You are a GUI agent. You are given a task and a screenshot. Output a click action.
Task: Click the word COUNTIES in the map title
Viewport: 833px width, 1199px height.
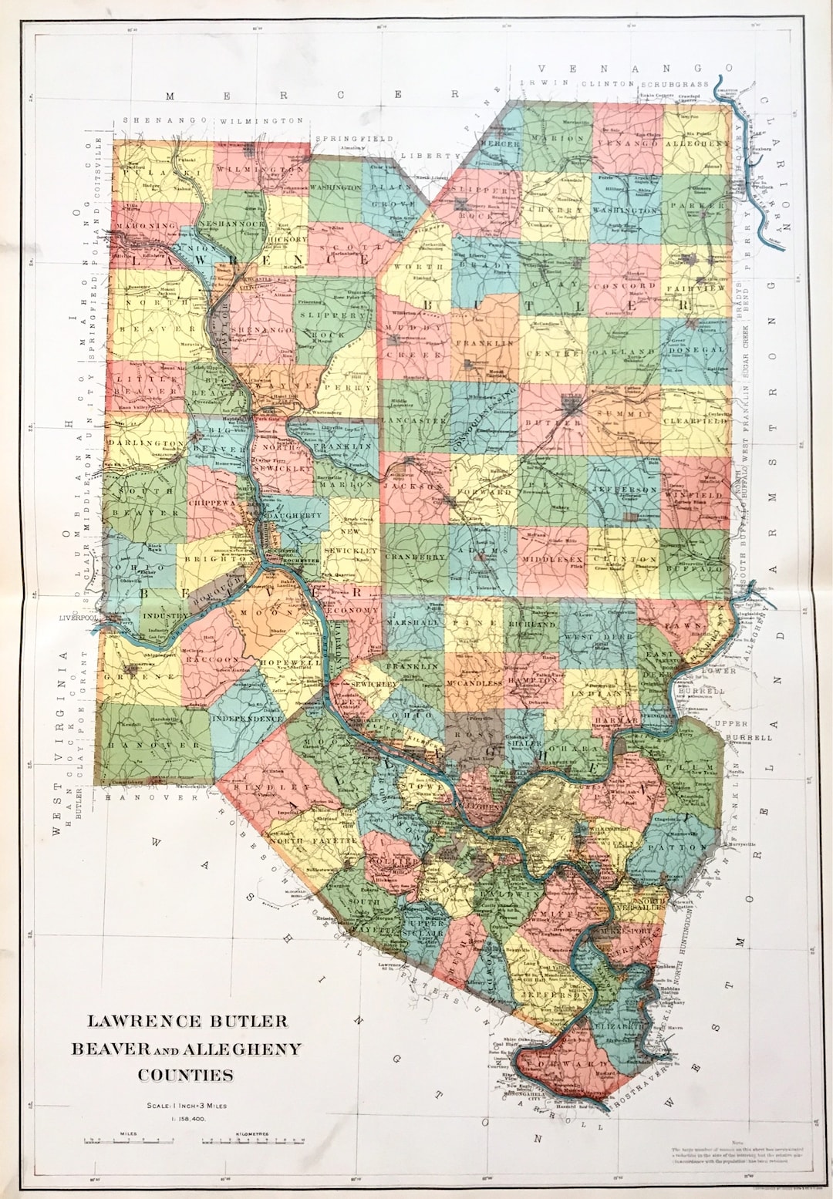(x=185, y=1075)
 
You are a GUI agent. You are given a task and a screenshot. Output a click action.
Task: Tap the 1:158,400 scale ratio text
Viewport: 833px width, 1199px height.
(x=185, y=1117)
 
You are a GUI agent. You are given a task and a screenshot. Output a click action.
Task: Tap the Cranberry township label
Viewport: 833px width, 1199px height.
(x=415, y=557)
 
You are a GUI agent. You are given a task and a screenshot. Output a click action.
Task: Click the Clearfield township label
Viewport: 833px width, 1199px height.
(x=696, y=422)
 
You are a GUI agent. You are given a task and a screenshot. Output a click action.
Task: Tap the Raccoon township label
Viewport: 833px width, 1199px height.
(x=212, y=660)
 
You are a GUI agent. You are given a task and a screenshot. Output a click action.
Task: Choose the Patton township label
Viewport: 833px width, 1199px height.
(x=677, y=847)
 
